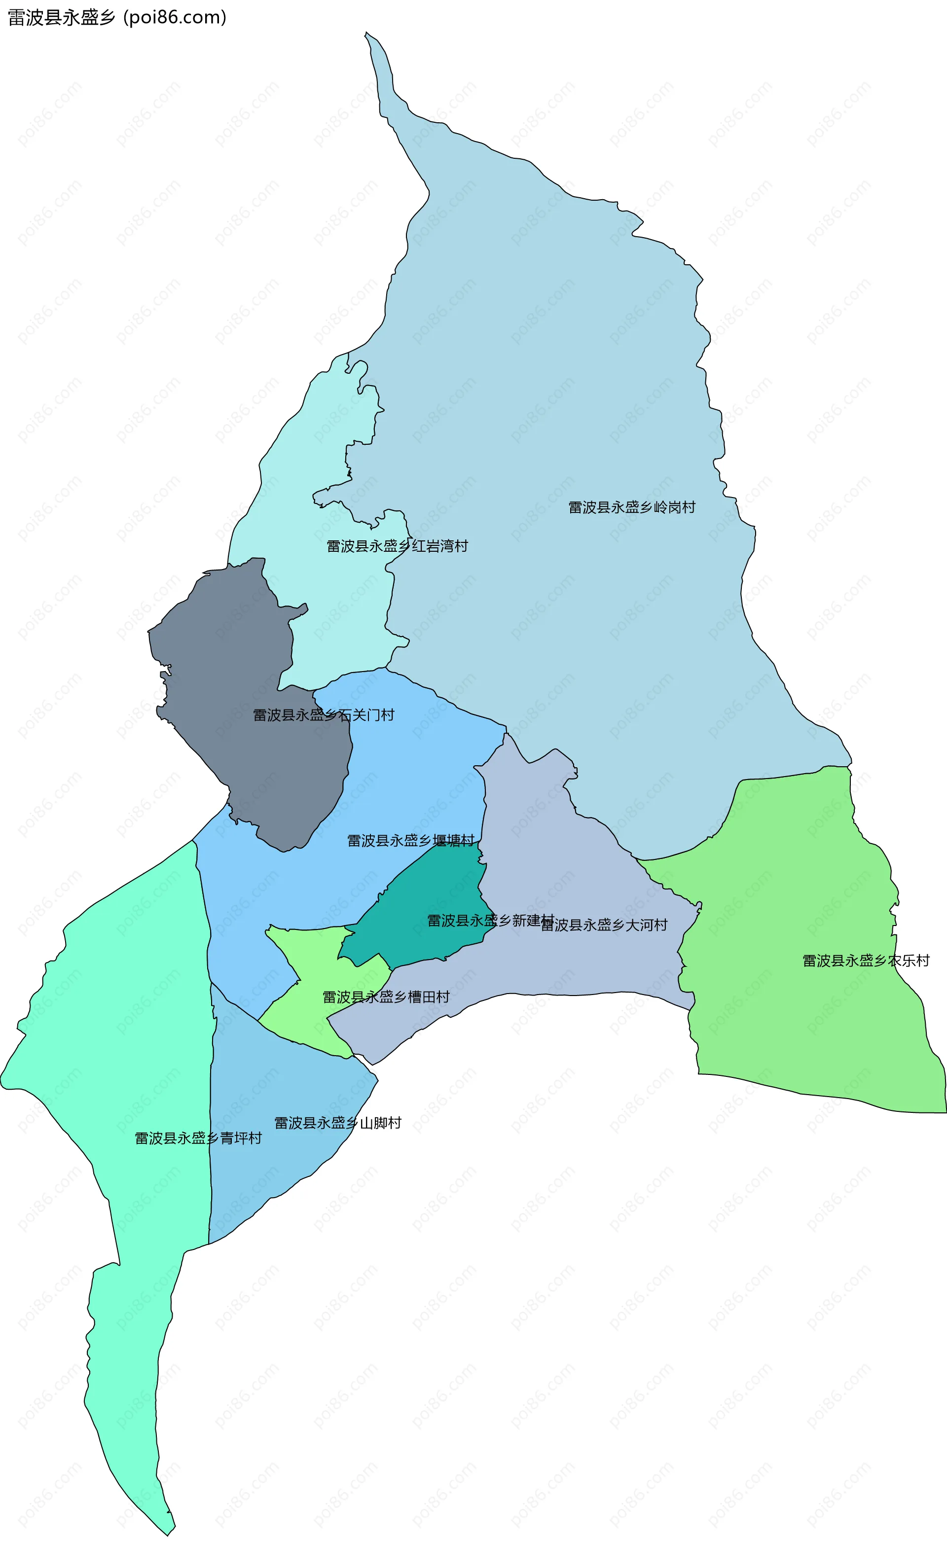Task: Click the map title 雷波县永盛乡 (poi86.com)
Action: pos(117,17)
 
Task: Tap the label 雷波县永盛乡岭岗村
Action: pos(631,507)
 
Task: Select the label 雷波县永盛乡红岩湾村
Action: pos(397,546)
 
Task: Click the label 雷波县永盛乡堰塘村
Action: pos(410,841)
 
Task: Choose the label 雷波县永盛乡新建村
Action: pos(490,920)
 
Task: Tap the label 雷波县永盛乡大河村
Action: pos(604,926)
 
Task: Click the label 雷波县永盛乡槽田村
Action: pos(386,997)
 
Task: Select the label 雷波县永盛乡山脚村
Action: pos(337,1123)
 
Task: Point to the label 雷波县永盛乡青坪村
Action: pos(198,1138)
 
